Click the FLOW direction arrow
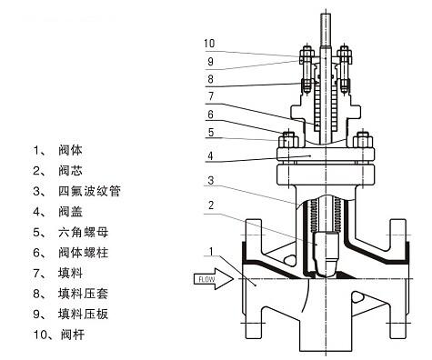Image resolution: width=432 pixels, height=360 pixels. [214, 279]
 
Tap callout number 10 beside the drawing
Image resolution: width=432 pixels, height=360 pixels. [209, 44]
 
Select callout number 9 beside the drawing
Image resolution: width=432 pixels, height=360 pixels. [210, 62]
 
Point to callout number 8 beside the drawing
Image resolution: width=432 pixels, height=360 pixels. [210, 79]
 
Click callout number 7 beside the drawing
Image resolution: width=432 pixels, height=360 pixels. [211, 96]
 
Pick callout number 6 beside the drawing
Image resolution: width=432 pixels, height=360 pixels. [210, 115]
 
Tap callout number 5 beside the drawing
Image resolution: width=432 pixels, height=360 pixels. [211, 133]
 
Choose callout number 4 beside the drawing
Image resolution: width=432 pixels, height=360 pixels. [210, 156]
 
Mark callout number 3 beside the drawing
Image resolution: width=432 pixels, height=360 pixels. [211, 181]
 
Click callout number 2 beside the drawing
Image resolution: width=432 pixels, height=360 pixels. [211, 205]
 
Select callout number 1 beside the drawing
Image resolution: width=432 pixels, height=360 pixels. [212, 251]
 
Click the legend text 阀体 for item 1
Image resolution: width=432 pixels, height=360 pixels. [70, 150]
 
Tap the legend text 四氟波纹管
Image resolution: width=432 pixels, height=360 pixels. [89, 191]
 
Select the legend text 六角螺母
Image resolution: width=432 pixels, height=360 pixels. [83, 233]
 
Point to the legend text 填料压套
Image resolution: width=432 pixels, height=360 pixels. [83, 294]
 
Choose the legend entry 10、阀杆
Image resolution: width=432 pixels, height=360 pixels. [59, 335]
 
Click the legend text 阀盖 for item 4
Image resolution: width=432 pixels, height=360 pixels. [70, 212]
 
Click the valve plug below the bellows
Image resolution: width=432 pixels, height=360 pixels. [326, 254]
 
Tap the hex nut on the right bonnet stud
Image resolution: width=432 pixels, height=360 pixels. [363, 141]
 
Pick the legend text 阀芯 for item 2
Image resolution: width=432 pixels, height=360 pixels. [70, 171]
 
